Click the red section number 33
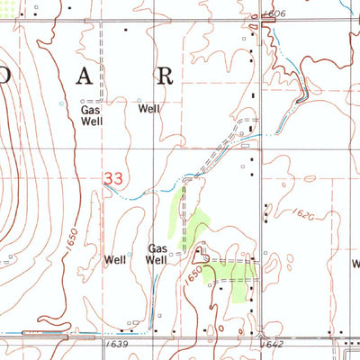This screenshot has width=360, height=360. click(112, 179)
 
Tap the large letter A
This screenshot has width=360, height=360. click(84, 76)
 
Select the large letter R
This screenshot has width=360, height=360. click(164, 76)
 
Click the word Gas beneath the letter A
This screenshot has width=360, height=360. click(90, 110)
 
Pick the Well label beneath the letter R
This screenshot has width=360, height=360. click(148, 110)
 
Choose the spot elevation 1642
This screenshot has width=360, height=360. click(272, 344)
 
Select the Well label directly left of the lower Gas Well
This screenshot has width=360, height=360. click(115, 260)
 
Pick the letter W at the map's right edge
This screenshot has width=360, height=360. click(355, 264)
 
